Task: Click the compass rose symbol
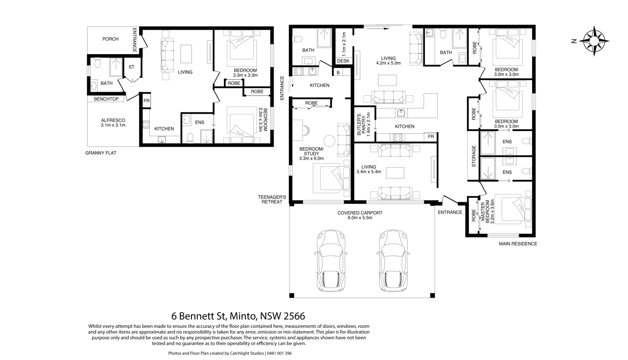tap(594, 41)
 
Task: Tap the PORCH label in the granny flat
tap(111, 39)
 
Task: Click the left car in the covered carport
tap(331, 260)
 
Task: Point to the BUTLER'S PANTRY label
tap(361, 124)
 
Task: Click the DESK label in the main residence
tap(343, 61)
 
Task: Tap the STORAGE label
tap(474, 156)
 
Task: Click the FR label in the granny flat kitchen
tap(146, 101)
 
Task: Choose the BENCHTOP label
tap(106, 99)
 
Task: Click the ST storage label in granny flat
tap(131, 67)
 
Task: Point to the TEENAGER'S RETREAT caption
tap(272, 199)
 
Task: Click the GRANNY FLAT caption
tap(101, 153)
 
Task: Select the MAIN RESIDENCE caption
tap(518, 244)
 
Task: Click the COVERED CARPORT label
tap(360, 213)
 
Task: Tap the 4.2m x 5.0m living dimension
tap(388, 63)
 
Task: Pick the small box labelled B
tap(338, 73)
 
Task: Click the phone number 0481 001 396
tap(279, 353)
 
